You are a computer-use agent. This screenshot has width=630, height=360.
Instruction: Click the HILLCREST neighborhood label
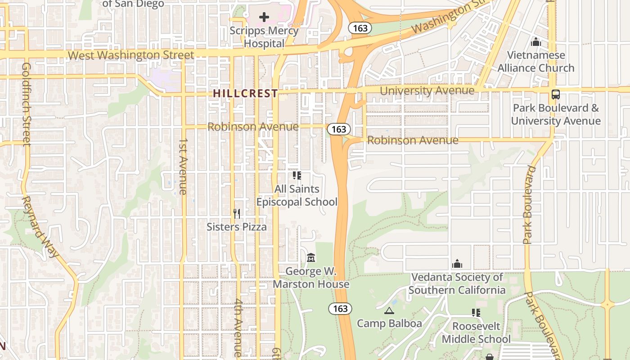[x=245, y=94]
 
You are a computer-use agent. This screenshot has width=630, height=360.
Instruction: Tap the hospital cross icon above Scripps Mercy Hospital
[x=264, y=17]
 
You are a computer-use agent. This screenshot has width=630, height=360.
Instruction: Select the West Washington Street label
[x=131, y=55]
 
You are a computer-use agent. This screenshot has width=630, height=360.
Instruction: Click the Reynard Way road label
[x=40, y=226]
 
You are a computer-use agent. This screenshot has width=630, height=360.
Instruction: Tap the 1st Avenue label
[x=183, y=166]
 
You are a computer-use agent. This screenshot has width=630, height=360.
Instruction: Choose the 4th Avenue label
[x=238, y=328]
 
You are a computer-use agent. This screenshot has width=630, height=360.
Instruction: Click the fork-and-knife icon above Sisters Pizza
[x=237, y=213]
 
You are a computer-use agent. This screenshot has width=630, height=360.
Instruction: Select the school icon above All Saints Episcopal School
[x=297, y=175]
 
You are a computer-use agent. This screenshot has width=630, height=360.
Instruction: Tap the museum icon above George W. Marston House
[x=310, y=258]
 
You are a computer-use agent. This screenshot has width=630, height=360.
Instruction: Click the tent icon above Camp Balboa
[x=389, y=310]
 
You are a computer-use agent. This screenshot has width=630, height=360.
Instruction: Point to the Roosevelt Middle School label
[x=476, y=333]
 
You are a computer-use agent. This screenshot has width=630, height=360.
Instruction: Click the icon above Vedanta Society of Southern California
[x=457, y=263]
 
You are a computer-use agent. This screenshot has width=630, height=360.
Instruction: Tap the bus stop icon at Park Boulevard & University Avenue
[x=556, y=94]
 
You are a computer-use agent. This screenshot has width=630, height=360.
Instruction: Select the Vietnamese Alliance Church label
[x=535, y=62]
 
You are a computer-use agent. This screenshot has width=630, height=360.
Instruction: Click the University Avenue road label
[x=427, y=91]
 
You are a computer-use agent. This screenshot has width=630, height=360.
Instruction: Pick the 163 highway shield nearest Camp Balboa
[x=340, y=309]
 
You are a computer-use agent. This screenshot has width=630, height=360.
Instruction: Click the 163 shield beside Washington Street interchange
[x=360, y=28]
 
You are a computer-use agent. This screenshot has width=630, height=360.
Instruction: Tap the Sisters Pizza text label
[x=237, y=227]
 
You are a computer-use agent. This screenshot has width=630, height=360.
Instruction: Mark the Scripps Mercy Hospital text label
[x=264, y=37]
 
